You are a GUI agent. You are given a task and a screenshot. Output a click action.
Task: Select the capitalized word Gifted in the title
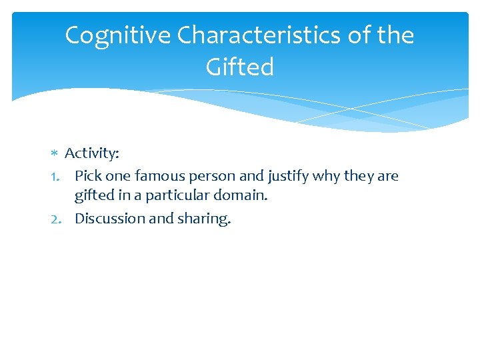(x=240, y=67)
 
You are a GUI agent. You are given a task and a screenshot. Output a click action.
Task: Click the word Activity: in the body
(x=92, y=153)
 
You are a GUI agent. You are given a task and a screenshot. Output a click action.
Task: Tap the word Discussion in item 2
(x=109, y=219)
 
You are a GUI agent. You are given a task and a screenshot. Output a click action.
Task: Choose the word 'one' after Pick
(x=118, y=177)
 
